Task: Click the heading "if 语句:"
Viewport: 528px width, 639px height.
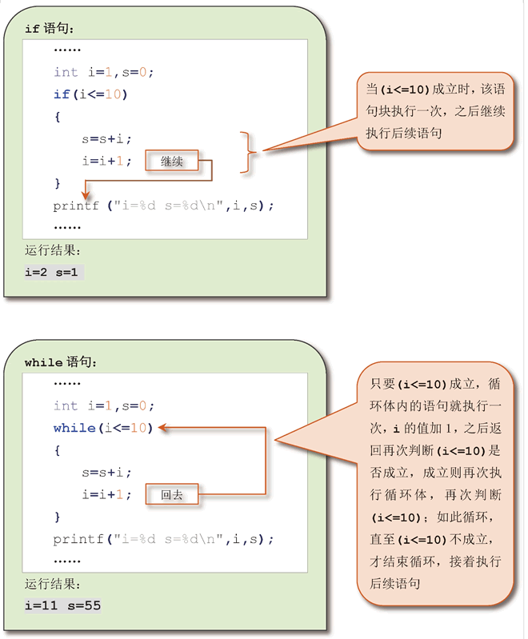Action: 49,29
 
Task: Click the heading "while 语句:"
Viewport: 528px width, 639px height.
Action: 61,362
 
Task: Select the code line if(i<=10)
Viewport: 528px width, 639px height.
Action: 90,94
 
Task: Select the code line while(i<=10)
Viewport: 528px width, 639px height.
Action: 102,428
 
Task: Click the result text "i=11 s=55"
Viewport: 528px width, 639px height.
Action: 63,605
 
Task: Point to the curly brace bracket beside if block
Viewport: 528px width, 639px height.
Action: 250,151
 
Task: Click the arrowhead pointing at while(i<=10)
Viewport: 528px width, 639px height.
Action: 162,428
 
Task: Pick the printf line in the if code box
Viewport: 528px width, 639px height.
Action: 163,206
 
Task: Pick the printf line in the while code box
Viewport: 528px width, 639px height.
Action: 163,538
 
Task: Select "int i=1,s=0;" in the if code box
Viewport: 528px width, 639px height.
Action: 103,72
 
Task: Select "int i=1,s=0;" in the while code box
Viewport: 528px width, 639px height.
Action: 103,405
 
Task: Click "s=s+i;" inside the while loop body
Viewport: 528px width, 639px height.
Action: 106,473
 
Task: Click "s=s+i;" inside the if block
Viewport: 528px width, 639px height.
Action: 106,139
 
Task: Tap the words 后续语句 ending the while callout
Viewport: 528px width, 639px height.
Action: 394,584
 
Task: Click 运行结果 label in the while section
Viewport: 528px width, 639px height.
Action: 53,585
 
